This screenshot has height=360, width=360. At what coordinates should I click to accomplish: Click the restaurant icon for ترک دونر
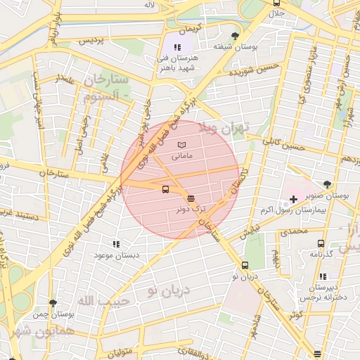(x=192, y=198)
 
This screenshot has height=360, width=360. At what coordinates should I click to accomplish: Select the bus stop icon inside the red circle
(x=165, y=188)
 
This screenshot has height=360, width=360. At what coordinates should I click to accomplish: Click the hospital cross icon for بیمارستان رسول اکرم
(x=293, y=199)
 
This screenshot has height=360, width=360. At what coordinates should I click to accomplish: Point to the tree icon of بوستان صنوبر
(x=327, y=184)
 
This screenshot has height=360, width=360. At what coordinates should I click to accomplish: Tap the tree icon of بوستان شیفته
(x=234, y=35)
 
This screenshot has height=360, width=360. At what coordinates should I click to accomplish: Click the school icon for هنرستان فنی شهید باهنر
(x=167, y=47)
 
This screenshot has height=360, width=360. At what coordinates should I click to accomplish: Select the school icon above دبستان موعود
(x=116, y=243)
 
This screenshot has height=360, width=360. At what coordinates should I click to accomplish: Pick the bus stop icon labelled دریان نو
(x=245, y=265)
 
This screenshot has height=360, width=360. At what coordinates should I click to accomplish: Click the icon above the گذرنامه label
(x=321, y=243)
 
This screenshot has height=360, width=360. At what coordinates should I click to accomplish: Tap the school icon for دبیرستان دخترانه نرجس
(x=323, y=277)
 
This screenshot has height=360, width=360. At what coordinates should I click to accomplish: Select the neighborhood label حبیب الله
(x=97, y=300)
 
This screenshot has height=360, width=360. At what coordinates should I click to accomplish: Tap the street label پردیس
(x=91, y=40)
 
